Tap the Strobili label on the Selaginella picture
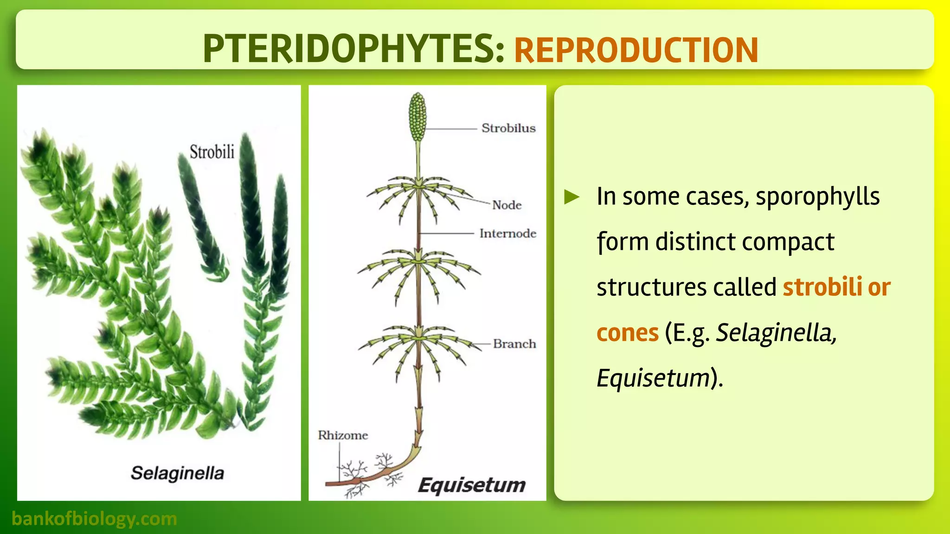pyautogui.click(x=212, y=152)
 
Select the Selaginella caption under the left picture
pyautogui.click(x=177, y=473)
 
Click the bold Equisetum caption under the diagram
pyautogui.click(x=471, y=485)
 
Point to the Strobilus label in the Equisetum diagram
pyautogui.click(x=508, y=128)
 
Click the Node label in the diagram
pyautogui.click(x=507, y=205)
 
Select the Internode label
pyautogui.click(x=507, y=233)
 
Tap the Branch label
pyautogui.click(x=514, y=344)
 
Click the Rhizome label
pyautogui.click(x=343, y=435)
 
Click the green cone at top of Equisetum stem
pyautogui.click(x=417, y=116)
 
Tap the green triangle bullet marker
pyautogui.click(x=571, y=197)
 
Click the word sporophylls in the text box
pyautogui.click(x=817, y=197)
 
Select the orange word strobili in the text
pyautogui.click(x=822, y=287)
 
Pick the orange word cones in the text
pyautogui.click(x=627, y=333)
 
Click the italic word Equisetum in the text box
pyautogui.click(x=653, y=378)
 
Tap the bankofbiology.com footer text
pyautogui.click(x=94, y=518)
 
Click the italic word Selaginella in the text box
pyautogui.click(x=776, y=333)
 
